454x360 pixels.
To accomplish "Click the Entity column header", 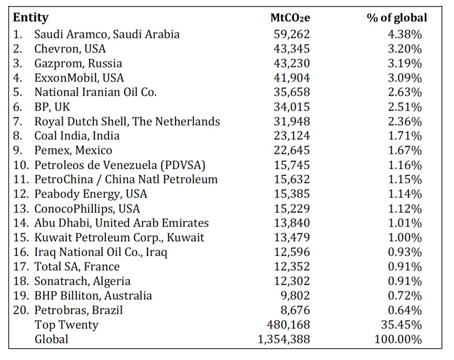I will click(x=31, y=18).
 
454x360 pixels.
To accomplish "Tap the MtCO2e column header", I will click(x=290, y=18).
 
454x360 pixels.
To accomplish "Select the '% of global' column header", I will click(x=396, y=18).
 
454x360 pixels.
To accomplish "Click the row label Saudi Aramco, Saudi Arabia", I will click(x=107, y=34).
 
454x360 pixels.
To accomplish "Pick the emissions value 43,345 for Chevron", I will click(x=292, y=49).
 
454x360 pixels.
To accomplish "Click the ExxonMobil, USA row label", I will click(x=79, y=78).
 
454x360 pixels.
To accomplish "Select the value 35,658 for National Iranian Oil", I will click(x=292, y=92).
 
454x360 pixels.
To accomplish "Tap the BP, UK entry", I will click(x=52, y=107).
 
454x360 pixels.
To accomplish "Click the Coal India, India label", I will click(x=77, y=136).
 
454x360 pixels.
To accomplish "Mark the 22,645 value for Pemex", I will click(x=292, y=151).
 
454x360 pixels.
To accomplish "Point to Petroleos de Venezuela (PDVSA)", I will click(x=120, y=165).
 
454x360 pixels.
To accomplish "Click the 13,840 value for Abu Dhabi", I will click(x=292, y=223).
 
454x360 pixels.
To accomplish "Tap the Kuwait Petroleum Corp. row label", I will click(x=119, y=237).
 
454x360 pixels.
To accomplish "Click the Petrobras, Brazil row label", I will click(x=79, y=310).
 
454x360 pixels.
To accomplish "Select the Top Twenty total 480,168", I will click(x=288, y=325).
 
